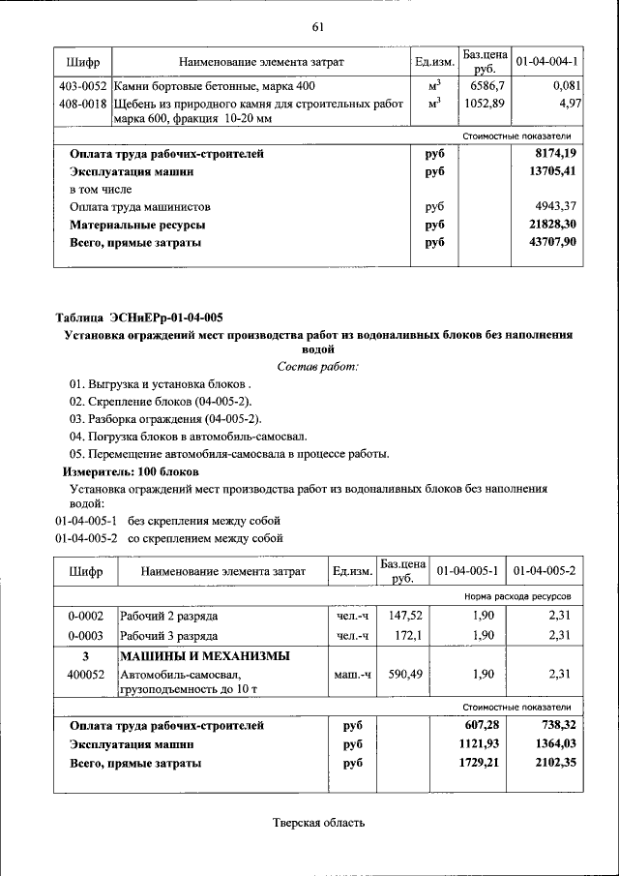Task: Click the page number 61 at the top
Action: [x=316, y=25]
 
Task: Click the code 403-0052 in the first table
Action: [x=82, y=86]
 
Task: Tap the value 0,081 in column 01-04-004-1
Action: [x=561, y=86]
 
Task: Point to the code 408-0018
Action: [x=82, y=103]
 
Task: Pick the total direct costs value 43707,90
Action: [x=554, y=243]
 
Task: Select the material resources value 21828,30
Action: [x=554, y=225]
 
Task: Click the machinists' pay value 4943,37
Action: [x=556, y=207]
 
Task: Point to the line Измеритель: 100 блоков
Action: [x=131, y=471]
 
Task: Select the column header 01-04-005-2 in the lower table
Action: [x=545, y=571]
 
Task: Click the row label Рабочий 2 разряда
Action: [x=168, y=616]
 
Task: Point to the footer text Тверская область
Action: [x=318, y=823]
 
